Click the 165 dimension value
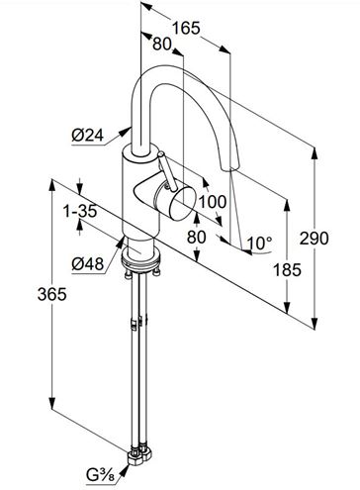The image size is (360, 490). [186, 29]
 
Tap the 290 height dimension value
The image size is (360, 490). [314, 239]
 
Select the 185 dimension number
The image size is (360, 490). [287, 269]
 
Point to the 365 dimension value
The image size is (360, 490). [52, 294]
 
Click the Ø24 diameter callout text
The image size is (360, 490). [88, 136]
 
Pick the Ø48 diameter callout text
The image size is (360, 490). [88, 264]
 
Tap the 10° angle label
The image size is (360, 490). [260, 244]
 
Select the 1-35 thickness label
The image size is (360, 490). [80, 212]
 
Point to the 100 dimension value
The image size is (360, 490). [213, 202]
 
